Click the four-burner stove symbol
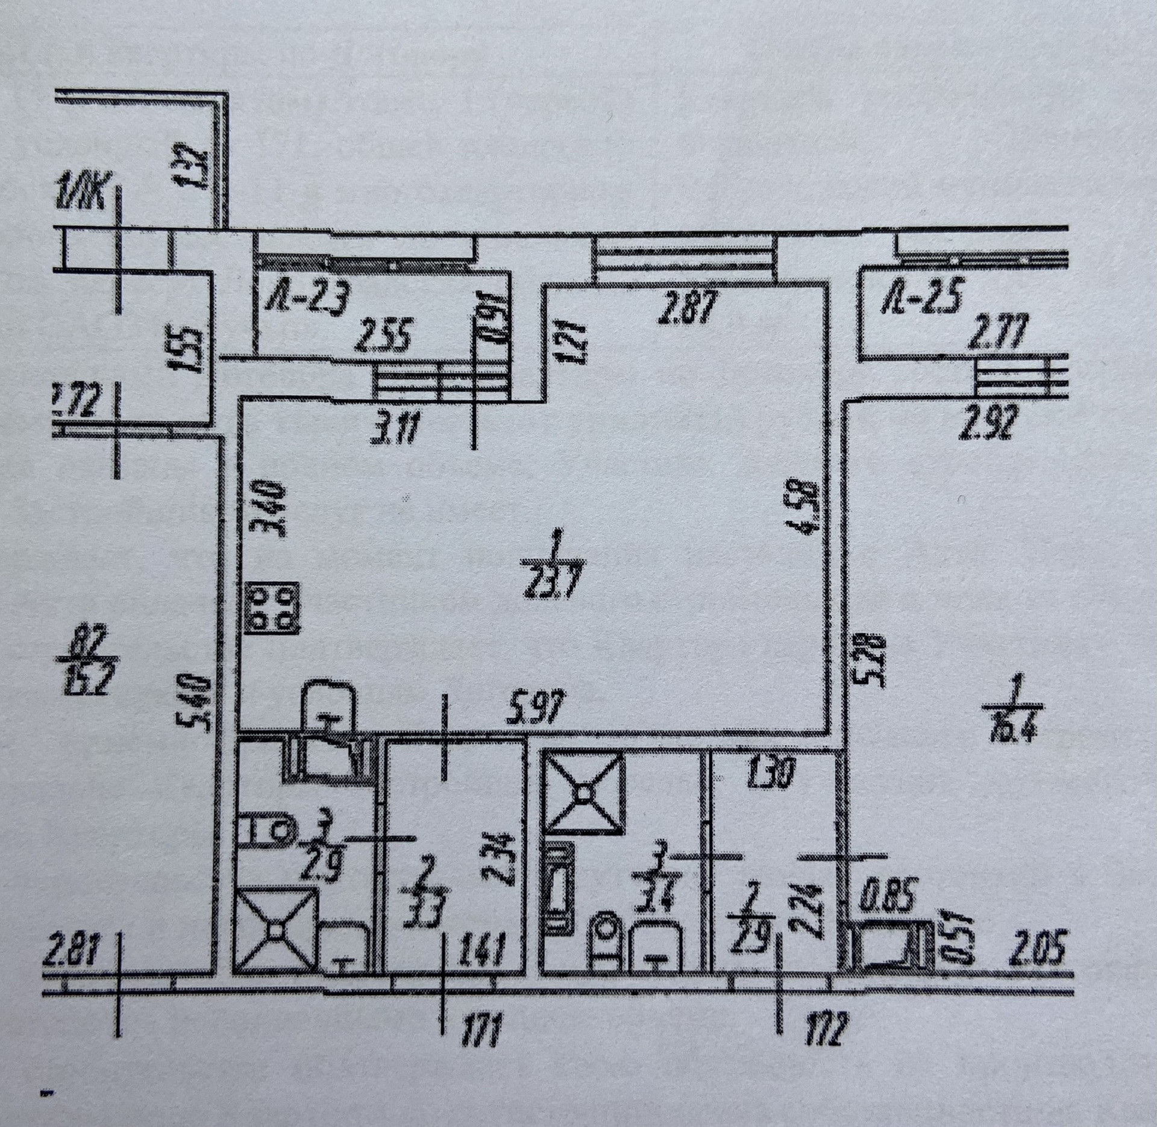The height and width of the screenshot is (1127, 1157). (272, 608)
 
